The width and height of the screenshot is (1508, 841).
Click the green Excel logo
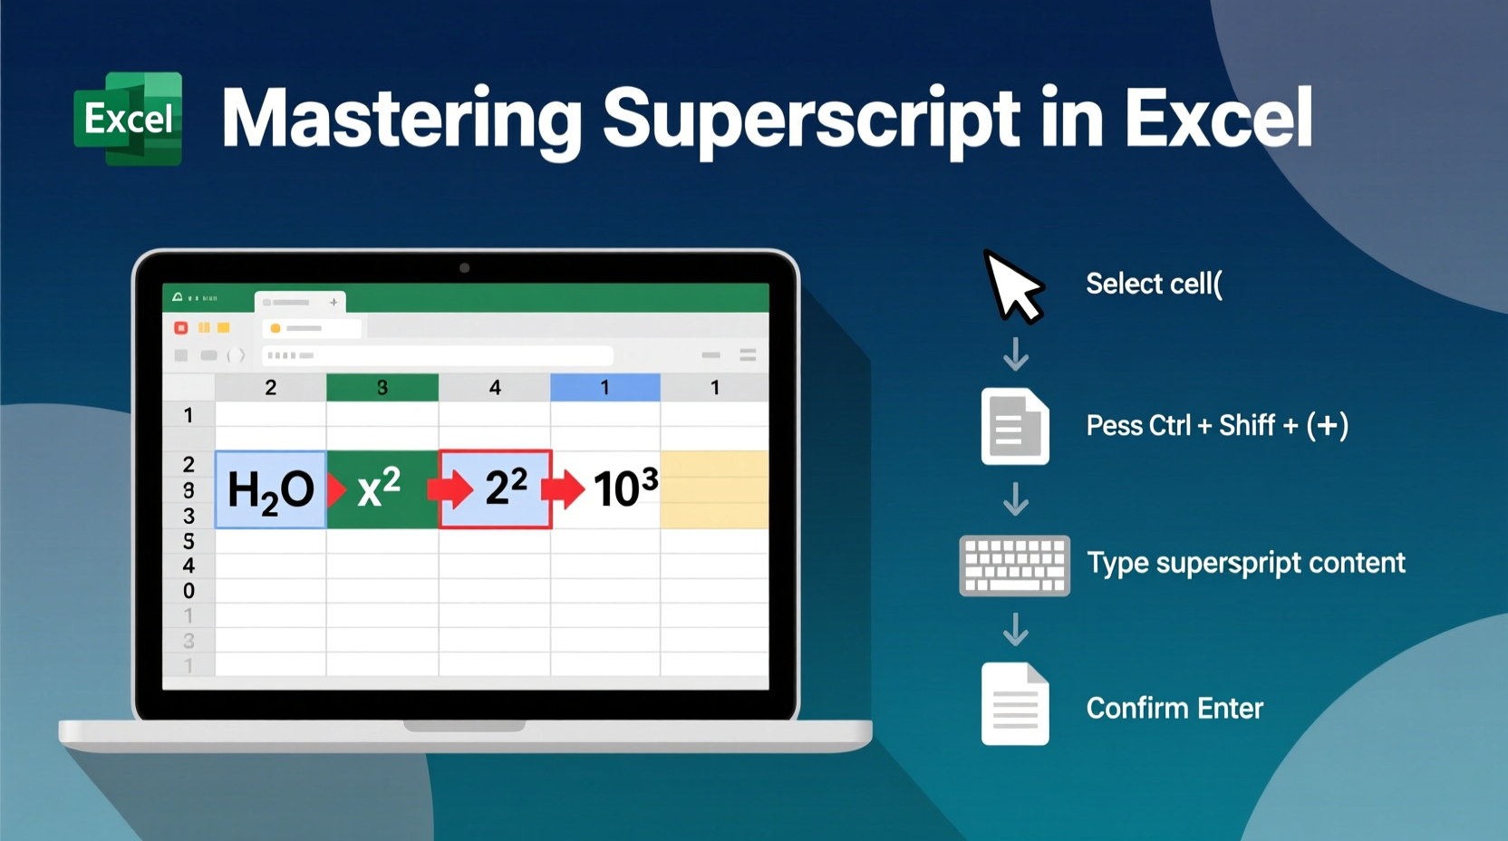[128, 119]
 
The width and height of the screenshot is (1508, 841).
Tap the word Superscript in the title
[811, 119]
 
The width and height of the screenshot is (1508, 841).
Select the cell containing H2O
[270, 489]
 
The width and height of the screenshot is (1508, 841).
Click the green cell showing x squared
[382, 489]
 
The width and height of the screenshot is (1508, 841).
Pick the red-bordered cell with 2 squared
[496, 489]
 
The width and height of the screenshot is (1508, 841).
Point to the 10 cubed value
[625, 489]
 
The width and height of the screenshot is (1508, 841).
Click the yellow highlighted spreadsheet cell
[714, 489]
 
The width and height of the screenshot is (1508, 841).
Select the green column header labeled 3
[382, 388]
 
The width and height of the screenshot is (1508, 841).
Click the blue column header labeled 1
[604, 388]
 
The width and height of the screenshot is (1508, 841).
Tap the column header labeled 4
[495, 388]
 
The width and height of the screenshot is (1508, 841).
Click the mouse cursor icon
[1012, 285]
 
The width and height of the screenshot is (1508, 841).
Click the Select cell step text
[1154, 285]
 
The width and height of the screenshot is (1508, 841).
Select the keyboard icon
[1014, 565]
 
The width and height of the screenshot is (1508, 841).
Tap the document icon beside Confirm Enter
[1015, 704]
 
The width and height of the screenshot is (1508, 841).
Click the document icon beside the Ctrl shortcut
[1015, 426]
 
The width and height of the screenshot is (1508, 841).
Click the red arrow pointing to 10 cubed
[563, 489]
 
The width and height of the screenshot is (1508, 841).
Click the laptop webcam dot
[465, 268]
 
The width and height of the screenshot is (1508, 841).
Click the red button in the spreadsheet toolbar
[181, 328]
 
